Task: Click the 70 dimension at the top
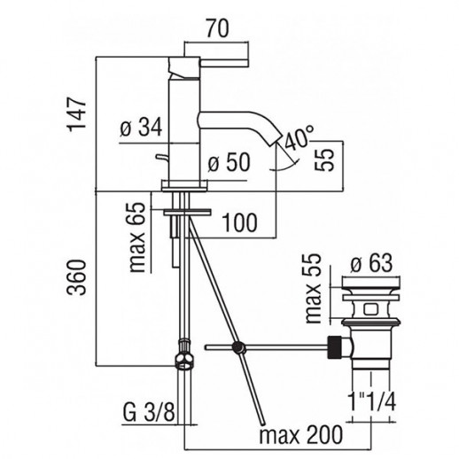218,29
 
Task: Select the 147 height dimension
77,114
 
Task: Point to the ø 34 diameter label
141,128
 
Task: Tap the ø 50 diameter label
229,162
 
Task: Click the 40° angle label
299,138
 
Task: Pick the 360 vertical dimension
76,277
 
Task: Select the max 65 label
137,237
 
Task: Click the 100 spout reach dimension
239,222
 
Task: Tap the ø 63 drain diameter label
371,263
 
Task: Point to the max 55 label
313,288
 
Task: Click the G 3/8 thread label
149,412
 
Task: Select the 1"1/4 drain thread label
372,401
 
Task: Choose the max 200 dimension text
301,434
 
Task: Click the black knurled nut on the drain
335,347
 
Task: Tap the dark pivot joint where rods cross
239,347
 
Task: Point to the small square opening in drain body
370,310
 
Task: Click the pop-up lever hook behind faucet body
162,158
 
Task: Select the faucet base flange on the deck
184,186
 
